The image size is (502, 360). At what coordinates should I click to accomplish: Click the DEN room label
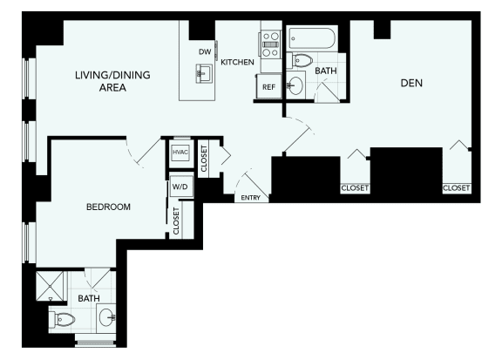[411, 83]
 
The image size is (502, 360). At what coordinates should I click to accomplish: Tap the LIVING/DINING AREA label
[112, 81]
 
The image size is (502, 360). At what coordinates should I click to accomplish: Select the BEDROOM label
[109, 207]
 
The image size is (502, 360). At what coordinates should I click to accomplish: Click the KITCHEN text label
[237, 62]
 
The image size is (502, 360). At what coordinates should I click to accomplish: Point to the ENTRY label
[250, 198]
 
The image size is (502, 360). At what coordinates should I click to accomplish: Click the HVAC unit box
[180, 153]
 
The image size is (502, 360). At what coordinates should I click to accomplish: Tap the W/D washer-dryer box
[181, 186]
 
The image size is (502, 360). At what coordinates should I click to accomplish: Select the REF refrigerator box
[269, 87]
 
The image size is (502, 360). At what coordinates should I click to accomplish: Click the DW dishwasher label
[205, 51]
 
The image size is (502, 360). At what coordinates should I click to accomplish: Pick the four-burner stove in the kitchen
[271, 44]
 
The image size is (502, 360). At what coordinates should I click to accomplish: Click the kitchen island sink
[204, 73]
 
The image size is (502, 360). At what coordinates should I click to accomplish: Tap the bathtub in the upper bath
[311, 38]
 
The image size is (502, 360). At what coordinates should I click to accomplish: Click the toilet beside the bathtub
[300, 60]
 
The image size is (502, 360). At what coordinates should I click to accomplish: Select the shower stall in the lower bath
[50, 286]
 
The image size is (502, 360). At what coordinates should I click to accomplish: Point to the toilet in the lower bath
[62, 320]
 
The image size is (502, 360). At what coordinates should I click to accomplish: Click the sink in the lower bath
[106, 317]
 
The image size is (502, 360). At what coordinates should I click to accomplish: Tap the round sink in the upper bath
[295, 85]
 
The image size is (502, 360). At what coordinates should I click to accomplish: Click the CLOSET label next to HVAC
[204, 159]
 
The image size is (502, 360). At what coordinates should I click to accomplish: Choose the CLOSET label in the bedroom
[176, 221]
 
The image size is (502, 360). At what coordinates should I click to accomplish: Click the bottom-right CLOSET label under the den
[456, 187]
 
